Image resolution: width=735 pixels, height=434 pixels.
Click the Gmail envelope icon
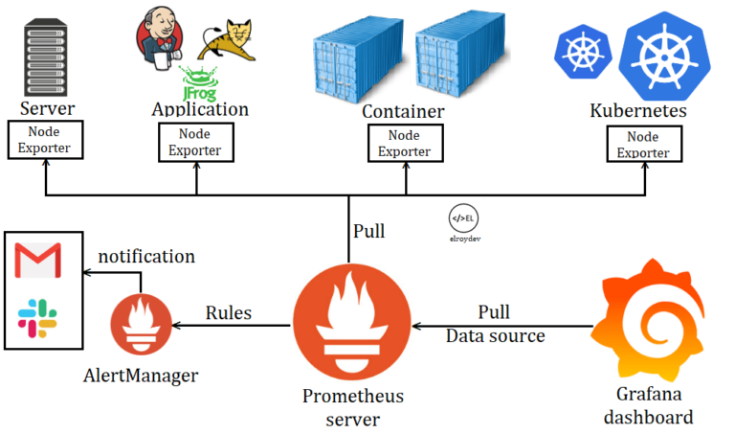click(38, 260)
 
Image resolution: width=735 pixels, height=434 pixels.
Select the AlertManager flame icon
click(141, 326)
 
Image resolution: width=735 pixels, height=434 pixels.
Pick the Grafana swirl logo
click(652, 322)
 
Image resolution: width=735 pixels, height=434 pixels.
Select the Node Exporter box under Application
click(195, 142)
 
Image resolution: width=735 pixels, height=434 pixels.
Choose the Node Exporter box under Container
click(403, 143)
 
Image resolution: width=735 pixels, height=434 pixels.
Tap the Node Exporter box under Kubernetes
click(643, 144)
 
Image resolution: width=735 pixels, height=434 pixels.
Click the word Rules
click(229, 313)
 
